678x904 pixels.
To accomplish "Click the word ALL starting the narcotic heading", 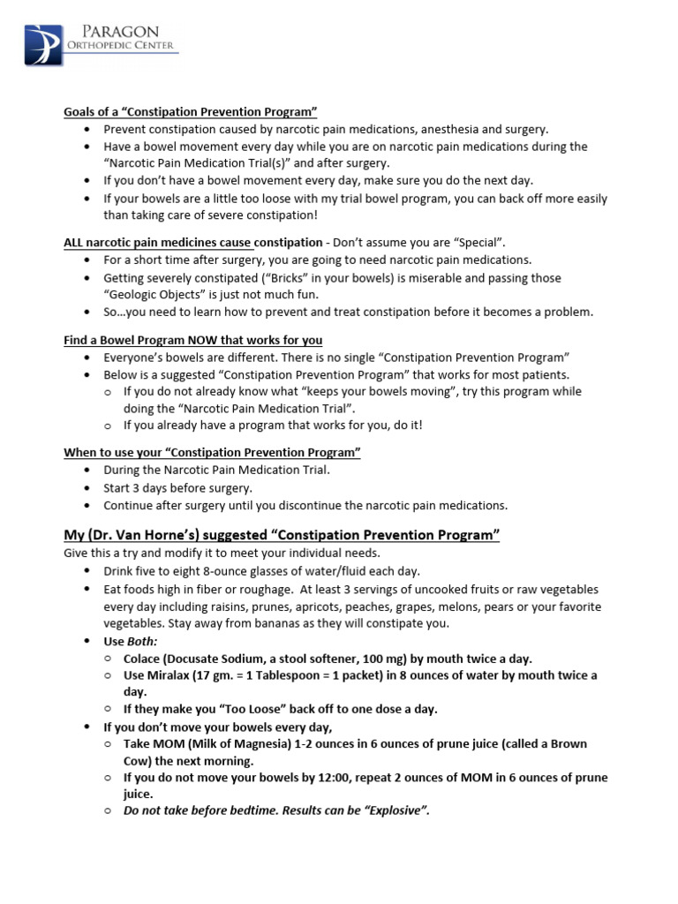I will click(74, 242).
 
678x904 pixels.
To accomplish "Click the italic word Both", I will click(142, 641).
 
